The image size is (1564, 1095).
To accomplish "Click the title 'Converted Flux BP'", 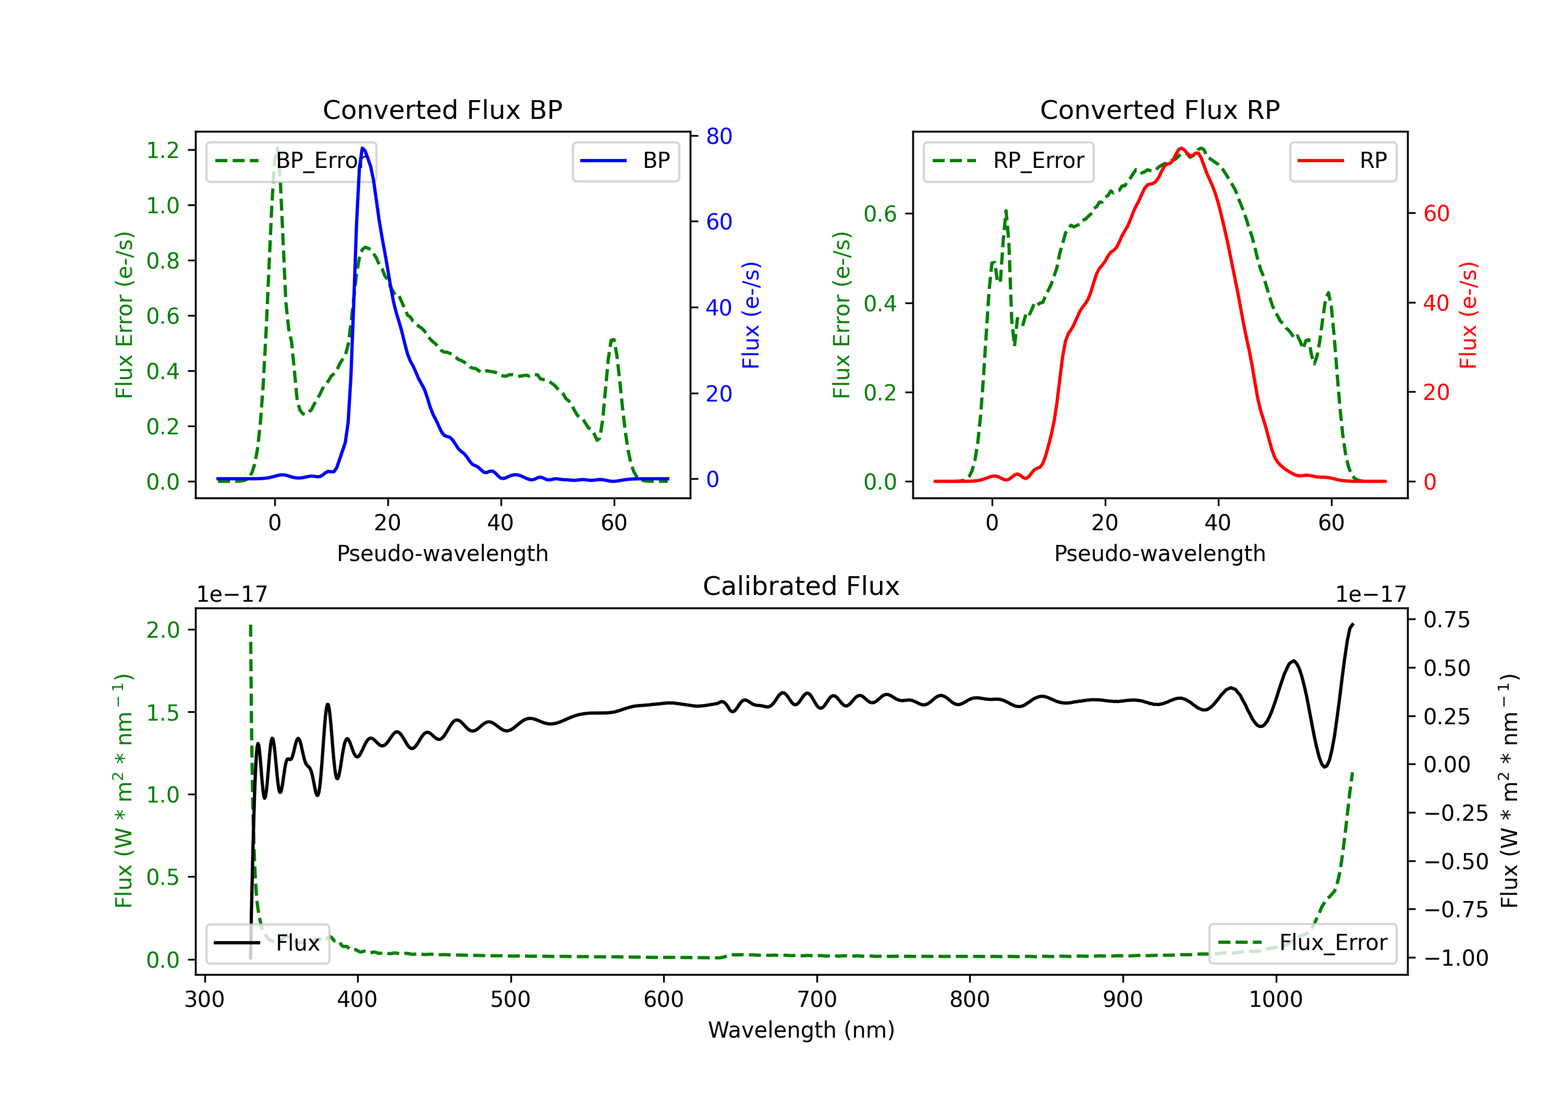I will point(442,110).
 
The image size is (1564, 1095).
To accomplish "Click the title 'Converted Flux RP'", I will point(1159,110).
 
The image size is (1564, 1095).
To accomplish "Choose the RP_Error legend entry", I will point(1008,161).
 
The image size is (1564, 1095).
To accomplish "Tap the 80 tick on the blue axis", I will point(718,136).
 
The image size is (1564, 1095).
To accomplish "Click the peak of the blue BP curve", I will point(362,148).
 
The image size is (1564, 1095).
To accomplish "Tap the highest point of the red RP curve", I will point(1181,148).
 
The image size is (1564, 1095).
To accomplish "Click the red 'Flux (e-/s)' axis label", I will point(1468,315).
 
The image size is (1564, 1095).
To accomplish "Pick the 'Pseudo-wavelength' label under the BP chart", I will point(442,553).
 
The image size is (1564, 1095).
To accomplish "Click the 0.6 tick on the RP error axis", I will point(880,214).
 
